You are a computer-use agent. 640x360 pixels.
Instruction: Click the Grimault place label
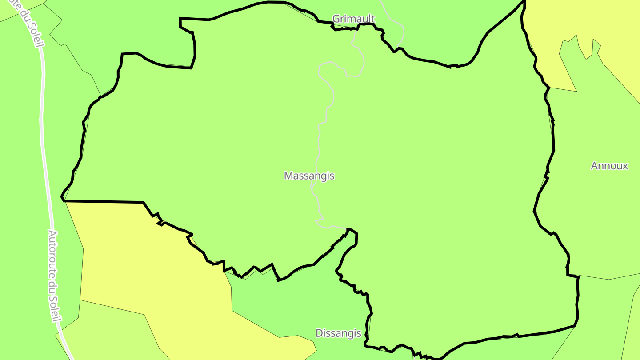(x=354, y=19)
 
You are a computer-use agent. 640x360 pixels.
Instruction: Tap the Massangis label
(x=309, y=176)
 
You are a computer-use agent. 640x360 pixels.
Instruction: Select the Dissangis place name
(x=338, y=333)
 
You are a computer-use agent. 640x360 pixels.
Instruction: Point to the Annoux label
(x=609, y=166)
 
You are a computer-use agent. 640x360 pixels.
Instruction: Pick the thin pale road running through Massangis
(x=319, y=133)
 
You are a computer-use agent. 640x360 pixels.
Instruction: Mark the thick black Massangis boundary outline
(x=553, y=142)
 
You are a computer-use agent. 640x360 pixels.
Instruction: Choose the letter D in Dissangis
(x=319, y=333)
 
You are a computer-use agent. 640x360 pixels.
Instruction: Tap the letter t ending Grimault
(x=373, y=19)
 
